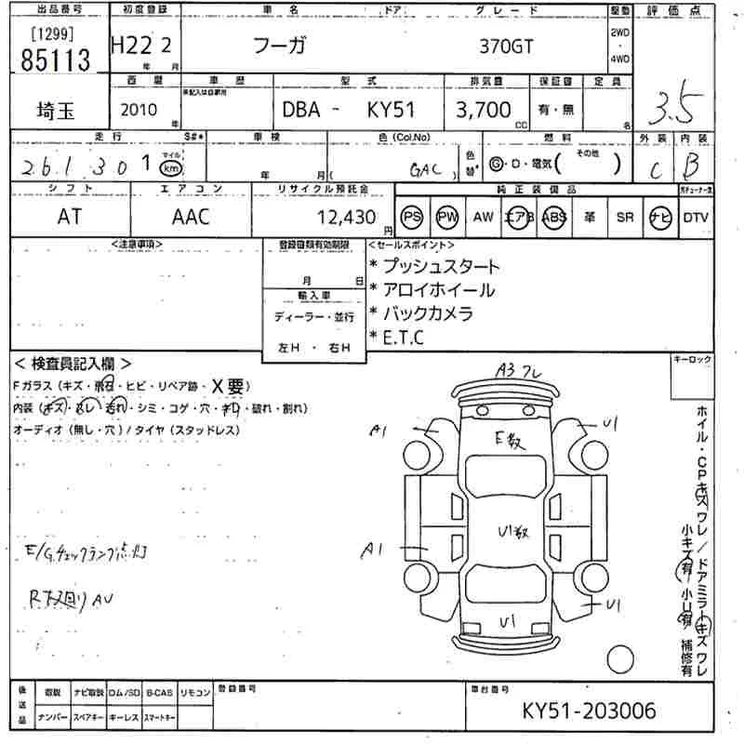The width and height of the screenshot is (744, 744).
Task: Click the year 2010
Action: (x=139, y=110)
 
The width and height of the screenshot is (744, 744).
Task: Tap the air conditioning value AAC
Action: (x=191, y=217)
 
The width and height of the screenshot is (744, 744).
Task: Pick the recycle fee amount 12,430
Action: (x=346, y=218)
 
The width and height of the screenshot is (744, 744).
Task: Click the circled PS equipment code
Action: (x=412, y=217)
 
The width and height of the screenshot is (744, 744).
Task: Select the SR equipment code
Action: (x=624, y=217)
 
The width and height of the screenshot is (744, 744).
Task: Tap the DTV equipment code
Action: (x=695, y=217)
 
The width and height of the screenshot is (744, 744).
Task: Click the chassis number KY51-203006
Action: (x=589, y=711)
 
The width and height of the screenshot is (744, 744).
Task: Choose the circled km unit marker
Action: (x=169, y=167)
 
